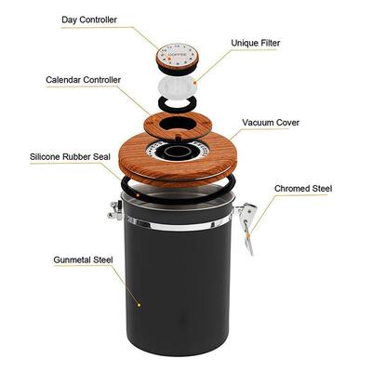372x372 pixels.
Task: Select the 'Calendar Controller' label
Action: coord(82,80)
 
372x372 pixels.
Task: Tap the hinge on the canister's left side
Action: coord(113,210)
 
